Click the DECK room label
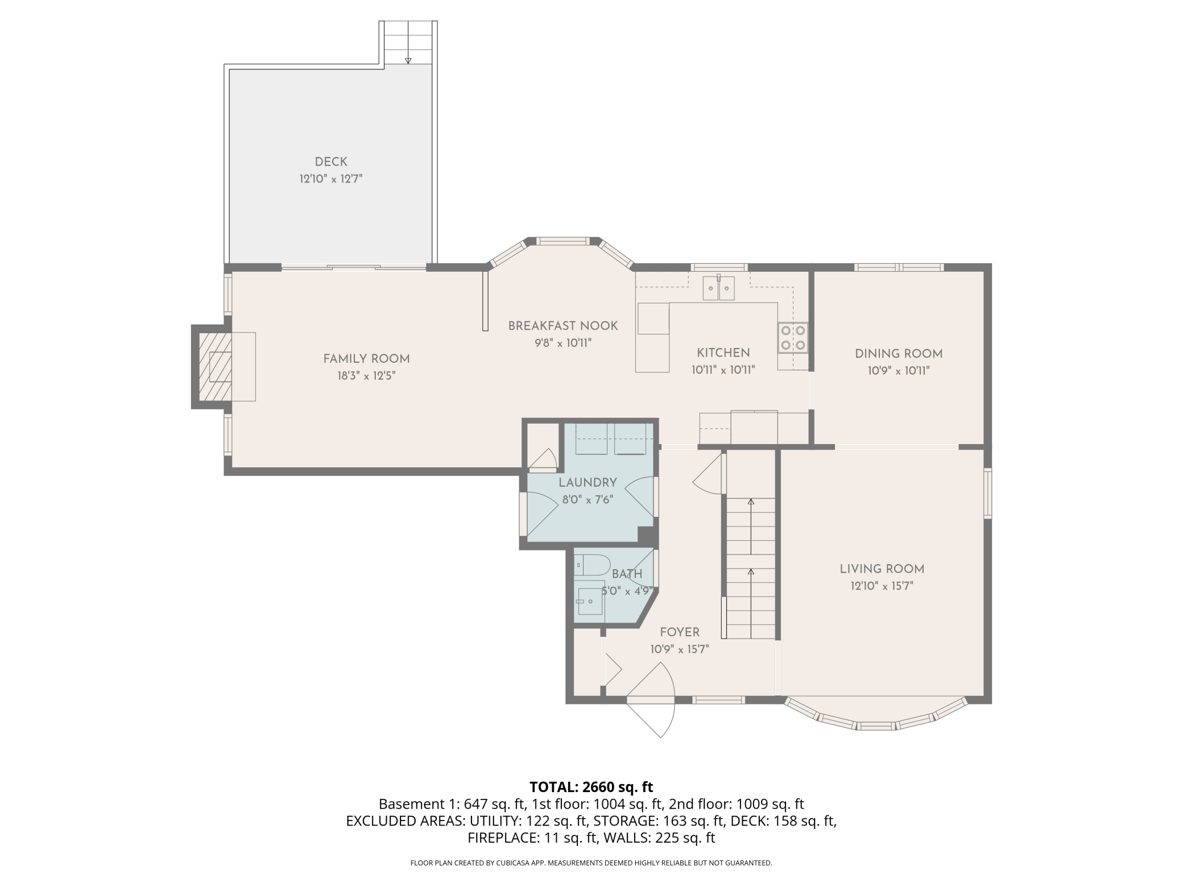(x=331, y=162)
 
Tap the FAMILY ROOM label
(x=366, y=359)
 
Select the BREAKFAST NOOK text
(x=563, y=326)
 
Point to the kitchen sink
(x=719, y=288)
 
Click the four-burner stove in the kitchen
(x=793, y=337)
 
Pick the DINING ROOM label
(x=899, y=354)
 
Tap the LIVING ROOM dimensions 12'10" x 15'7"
(x=882, y=586)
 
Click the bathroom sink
(x=590, y=602)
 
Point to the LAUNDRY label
(x=588, y=483)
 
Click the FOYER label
(x=680, y=632)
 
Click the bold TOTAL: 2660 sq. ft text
(x=591, y=787)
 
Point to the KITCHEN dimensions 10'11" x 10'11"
(x=723, y=370)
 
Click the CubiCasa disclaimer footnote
(x=591, y=863)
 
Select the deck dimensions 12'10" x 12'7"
(x=331, y=179)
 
